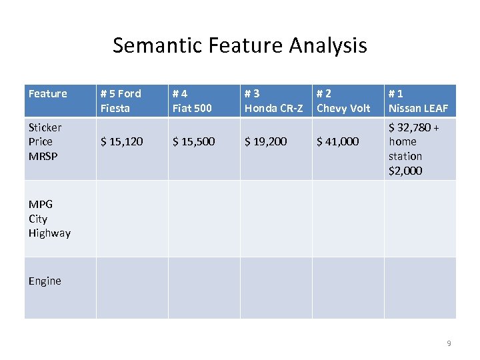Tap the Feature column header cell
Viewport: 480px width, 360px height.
pyautogui.click(x=48, y=94)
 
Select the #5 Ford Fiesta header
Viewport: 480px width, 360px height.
pyautogui.click(x=121, y=101)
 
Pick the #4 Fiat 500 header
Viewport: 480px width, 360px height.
pyautogui.click(x=192, y=101)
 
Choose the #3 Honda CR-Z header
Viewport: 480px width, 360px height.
pyautogui.click(x=274, y=101)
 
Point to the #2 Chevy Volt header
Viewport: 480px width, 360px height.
pyautogui.click(x=343, y=101)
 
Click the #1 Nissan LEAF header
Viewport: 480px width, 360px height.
pyautogui.click(x=418, y=101)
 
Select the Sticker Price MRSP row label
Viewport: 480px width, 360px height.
pyautogui.click(x=45, y=141)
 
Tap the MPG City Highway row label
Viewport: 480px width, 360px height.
pyautogui.click(x=49, y=219)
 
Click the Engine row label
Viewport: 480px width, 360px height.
pyautogui.click(x=45, y=281)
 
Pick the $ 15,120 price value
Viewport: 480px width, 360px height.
pyautogui.click(x=121, y=141)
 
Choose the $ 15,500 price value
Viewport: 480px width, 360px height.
pyautogui.click(x=193, y=141)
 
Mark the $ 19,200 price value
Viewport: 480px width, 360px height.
pyautogui.click(x=265, y=141)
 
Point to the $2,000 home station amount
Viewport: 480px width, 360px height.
pyautogui.click(x=405, y=171)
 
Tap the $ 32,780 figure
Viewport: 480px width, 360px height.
pyautogui.click(x=410, y=127)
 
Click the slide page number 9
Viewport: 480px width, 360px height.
pyautogui.click(x=449, y=343)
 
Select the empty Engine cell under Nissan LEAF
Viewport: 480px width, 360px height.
pyautogui.click(x=420, y=288)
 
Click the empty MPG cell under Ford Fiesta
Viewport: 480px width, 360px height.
pyautogui.click(x=132, y=219)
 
